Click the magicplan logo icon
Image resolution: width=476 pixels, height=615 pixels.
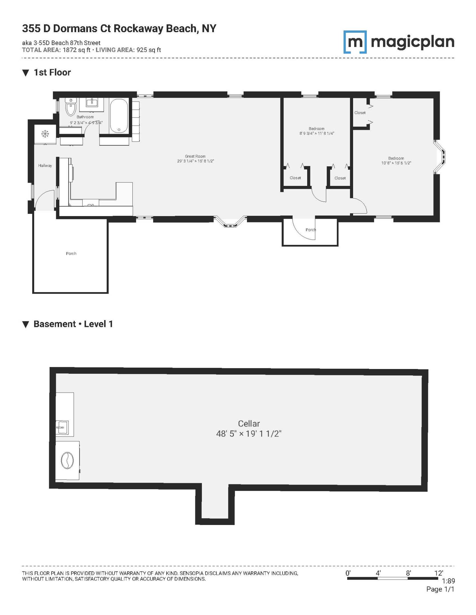click(x=355, y=42)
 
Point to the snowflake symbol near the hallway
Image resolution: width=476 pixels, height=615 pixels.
click(x=45, y=133)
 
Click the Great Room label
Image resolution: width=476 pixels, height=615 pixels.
click(x=195, y=156)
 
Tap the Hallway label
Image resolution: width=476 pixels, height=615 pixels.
click(x=45, y=165)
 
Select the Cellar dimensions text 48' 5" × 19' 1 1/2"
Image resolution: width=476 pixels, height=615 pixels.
click(x=249, y=434)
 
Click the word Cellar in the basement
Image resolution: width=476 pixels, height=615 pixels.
click(x=249, y=423)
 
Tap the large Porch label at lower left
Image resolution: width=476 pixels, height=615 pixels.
click(x=71, y=253)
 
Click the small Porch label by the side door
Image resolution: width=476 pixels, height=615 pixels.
click(x=311, y=230)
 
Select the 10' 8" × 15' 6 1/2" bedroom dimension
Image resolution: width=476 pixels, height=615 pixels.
click(x=396, y=163)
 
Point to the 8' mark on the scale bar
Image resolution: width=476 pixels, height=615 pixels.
click(x=408, y=573)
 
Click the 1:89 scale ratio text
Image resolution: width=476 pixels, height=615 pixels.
click(x=448, y=581)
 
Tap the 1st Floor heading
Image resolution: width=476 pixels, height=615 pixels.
click(x=52, y=73)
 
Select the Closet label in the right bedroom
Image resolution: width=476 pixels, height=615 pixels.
click(x=360, y=113)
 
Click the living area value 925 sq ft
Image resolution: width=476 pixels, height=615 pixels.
click(x=149, y=50)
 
